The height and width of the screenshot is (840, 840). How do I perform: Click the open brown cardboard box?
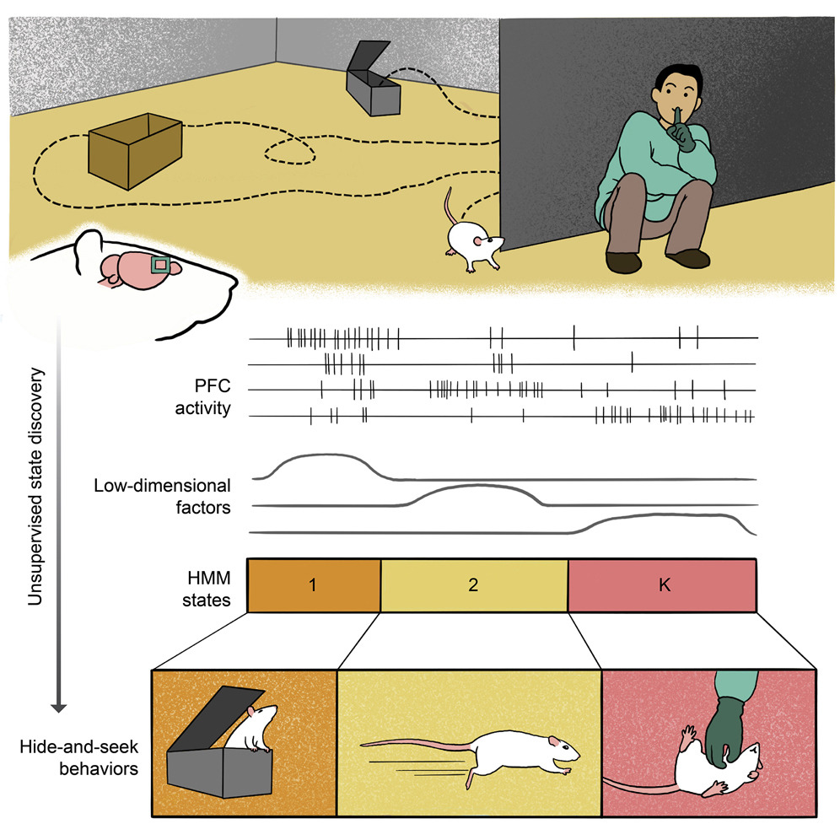[x=135, y=154]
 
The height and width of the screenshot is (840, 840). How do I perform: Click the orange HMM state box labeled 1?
[x=314, y=585]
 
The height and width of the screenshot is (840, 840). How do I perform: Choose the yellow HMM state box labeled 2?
[x=474, y=585]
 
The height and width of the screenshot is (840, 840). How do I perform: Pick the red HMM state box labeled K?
[x=663, y=585]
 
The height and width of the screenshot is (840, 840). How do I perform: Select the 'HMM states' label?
[x=207, y=585]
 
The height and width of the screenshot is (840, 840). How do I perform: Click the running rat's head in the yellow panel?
[x=563, y=746]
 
